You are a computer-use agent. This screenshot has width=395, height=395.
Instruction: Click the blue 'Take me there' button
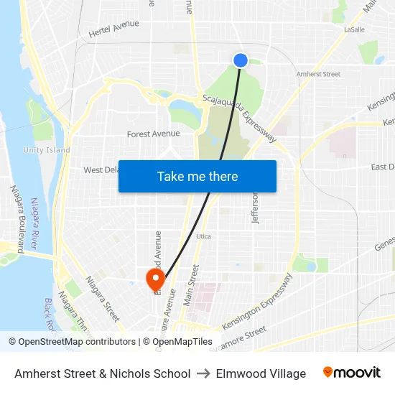click(197, 176)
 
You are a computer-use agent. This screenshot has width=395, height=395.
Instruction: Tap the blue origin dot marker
click(241, 60)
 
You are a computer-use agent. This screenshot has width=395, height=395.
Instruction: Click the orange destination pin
click(154, 279)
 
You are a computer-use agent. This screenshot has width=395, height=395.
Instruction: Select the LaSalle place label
click(355, 29)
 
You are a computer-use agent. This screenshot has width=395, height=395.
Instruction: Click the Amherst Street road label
click(318, 74)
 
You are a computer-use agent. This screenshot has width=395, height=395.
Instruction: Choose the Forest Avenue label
click(153, 134)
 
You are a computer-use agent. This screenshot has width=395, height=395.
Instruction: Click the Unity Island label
click(47, 150)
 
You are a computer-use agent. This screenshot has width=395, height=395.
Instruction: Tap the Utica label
click(203, 236)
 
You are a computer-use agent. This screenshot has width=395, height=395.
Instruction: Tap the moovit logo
click(352, 373)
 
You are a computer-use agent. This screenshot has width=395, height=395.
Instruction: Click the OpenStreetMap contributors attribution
click(73, 342)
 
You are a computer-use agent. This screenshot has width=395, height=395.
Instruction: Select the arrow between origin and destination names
click(203, 373)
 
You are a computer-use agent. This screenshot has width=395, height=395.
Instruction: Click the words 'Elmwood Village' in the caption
click(261, 373)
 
